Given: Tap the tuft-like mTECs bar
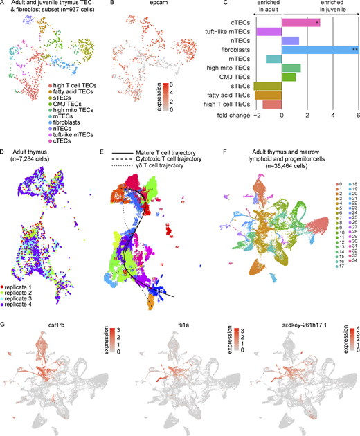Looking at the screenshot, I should (269, 32).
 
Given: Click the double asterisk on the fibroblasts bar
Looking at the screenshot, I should (354, 51).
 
